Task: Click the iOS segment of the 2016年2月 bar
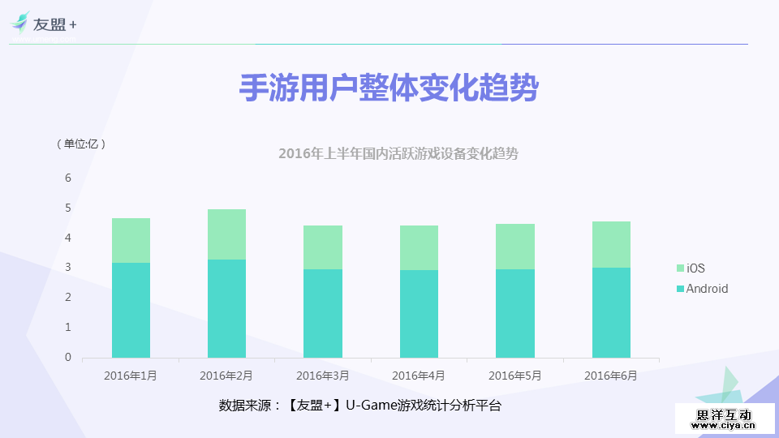click(x=226, y=234)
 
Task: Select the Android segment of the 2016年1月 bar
click(x=131, y=310)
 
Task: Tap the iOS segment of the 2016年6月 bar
click(x=611, y=244)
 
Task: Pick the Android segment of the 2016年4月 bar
click(x=419, y=314)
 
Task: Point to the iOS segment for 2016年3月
click(x=323, y=247)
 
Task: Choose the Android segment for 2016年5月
click(x=515, y=313)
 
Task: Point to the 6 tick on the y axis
click(x=68, y=178)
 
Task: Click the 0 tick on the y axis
click(x=68, y=357)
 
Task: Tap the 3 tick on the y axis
click(x=68, y=268)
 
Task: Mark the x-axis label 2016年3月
click(x=322, y=376)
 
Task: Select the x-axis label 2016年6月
click(x=610, y=376)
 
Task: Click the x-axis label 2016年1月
click(x=131, y=376)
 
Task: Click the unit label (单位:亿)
click(x=81, y=144)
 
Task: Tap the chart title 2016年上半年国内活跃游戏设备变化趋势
click(x=398, y=153)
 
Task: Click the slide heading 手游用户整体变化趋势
click(x=389, y=88)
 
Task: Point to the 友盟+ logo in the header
click(x=45, y=25)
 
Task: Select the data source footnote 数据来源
click(x=360, y=405)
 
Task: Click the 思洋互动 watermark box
click(x=724, y=417)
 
